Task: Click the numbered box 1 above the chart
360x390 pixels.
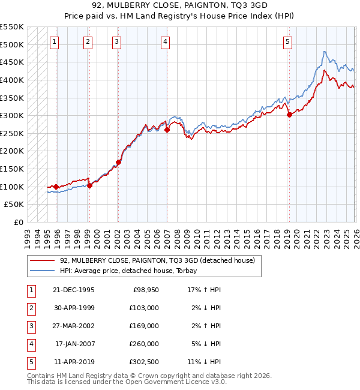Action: [55, 41]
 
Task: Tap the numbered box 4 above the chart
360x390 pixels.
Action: [164, 41]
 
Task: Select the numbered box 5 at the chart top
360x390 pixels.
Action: [288, 41]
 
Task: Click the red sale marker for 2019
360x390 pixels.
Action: [289, 115]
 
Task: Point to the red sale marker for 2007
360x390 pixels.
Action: [167, 130]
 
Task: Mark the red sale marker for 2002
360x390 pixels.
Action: [119, 162]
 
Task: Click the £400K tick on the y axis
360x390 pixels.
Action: [12, 80]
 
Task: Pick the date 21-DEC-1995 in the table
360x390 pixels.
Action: [74, 289]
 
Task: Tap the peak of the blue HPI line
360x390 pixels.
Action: [325, 52]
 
